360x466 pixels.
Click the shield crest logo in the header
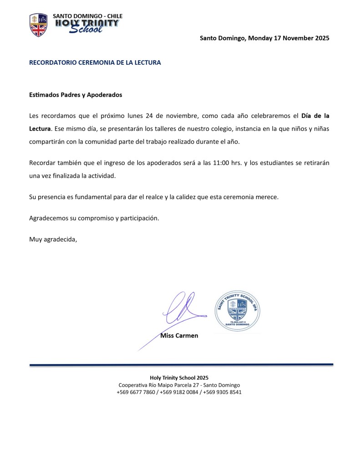click(38, 25)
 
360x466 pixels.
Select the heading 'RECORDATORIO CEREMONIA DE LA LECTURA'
click(95, 62)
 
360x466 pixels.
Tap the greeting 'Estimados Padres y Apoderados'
click(76, 95)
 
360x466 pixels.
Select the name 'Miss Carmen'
click(179, 336)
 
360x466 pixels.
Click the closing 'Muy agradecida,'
click(53, 238)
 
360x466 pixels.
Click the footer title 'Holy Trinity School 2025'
click(179, 378)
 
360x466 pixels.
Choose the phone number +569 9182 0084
click(179, 392)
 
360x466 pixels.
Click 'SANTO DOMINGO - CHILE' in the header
click(88, 16)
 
